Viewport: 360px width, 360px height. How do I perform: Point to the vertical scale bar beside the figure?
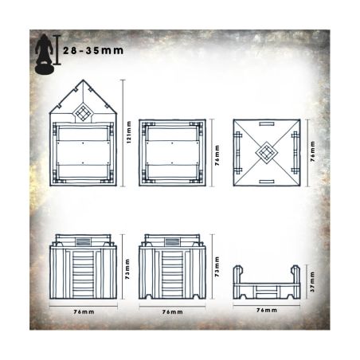click(x=60, y=47)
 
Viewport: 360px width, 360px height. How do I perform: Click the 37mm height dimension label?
click(x=312, y=283)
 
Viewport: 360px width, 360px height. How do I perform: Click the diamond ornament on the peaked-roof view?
click(x=84, y=112)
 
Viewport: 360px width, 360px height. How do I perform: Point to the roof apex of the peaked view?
click(x=84, y=82)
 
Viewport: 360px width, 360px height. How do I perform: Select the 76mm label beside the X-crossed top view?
click(x=312, y=152)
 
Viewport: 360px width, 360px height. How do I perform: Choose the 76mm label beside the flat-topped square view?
click(x=218, y=152)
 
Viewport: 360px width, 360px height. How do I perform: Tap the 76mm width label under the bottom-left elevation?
click(x=84, y=311)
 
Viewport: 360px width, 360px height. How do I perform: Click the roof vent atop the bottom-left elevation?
click(x=84, y=239)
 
